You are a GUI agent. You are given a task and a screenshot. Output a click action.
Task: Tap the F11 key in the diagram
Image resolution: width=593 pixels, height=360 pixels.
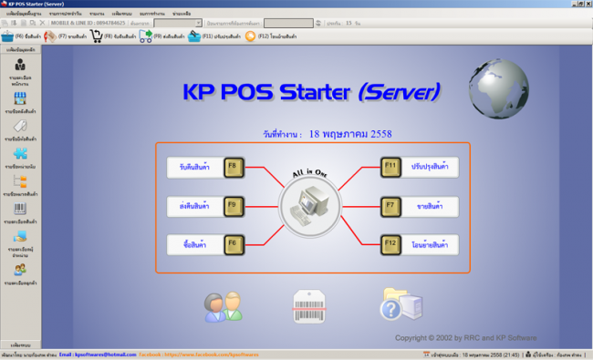point(391,167)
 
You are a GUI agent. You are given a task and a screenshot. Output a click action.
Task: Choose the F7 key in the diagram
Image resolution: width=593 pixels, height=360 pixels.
point(391,206)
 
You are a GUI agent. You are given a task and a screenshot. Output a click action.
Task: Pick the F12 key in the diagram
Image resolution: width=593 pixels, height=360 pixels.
point(391,243)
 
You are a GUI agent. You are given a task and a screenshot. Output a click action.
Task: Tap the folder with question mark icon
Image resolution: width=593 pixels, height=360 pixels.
point(401,305)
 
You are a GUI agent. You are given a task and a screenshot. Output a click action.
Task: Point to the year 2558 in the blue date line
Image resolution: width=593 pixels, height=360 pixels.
point(380,134)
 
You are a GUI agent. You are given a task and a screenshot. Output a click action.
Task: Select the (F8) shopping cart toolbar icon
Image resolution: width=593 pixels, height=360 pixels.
point(96,36)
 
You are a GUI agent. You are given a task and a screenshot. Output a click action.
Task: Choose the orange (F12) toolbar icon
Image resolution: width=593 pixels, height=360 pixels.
point(250,36)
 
